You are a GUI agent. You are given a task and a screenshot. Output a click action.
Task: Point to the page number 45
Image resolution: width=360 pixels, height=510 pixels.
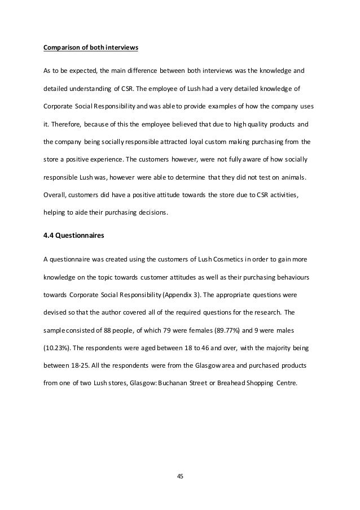click(x=180, y=476)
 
